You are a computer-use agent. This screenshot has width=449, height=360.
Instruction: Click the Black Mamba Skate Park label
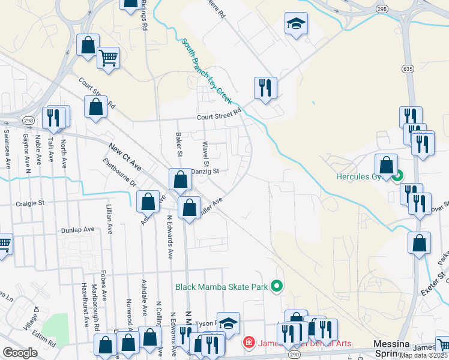tap(221, 287)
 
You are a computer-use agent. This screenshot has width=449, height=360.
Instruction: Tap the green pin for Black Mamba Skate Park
tap(277, 287)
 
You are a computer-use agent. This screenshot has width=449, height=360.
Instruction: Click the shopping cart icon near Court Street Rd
tap(108, 59)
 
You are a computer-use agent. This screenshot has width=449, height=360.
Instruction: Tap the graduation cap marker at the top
tap(295, 24)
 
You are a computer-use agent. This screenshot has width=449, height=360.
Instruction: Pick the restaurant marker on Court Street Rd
tap(265, 88)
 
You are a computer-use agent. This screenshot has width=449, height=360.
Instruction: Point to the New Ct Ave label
tap(125, 156)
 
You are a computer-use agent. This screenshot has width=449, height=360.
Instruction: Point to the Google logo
tap(20, 353)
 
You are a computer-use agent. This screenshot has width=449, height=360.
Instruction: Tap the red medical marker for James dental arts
tap(248, 343)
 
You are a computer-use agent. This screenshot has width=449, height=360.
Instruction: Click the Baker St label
tap(178, 144)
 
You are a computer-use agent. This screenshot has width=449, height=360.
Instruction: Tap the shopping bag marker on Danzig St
tap(180, 179)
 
